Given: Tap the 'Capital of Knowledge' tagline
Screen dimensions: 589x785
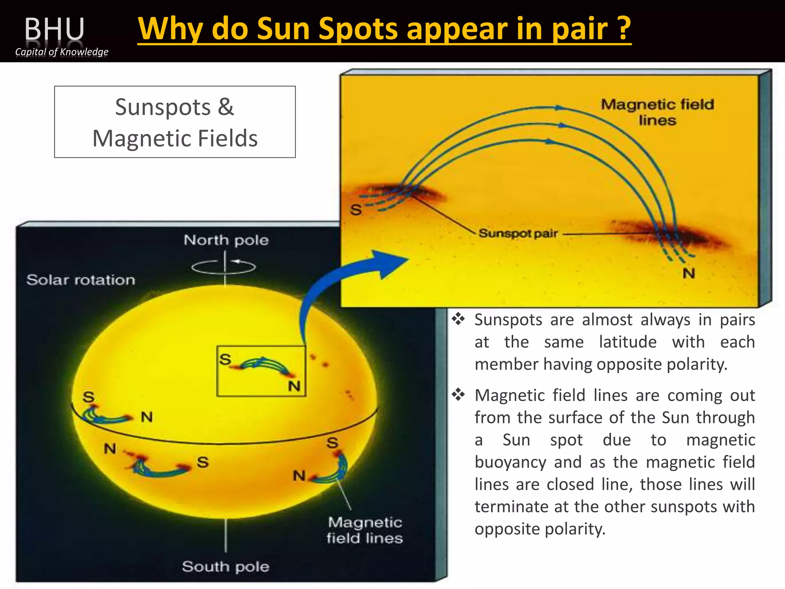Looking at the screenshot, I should click(62, 51).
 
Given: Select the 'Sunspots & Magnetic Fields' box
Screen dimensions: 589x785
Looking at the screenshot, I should click(175, 122).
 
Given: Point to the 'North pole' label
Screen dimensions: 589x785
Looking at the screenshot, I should click(226, 240).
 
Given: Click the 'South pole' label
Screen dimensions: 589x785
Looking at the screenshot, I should click(225, 566).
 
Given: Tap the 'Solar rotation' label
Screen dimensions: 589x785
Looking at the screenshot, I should click(81, 280).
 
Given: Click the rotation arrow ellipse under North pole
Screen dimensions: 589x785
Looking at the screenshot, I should click(224, 267).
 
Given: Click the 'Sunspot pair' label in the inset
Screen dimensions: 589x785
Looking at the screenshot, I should click(518, 233).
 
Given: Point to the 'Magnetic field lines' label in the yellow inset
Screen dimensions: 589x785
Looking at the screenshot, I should click(657, 112).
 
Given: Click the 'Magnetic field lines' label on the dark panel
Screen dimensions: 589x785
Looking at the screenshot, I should click(365, 530).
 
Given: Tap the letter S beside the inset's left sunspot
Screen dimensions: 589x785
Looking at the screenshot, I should click(356, 210).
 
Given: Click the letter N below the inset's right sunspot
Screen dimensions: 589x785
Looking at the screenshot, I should click(688, 273).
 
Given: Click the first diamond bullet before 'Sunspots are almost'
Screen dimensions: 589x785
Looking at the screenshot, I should click(458, 319).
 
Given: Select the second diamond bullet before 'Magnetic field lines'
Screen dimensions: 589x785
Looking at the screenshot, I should click(458, 395).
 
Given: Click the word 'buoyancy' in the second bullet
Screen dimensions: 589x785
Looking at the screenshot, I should click(510, 462).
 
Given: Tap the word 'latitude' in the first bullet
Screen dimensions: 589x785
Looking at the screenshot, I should click(627, 342).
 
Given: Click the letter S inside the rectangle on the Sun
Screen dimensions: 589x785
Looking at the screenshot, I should click(225, 359).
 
